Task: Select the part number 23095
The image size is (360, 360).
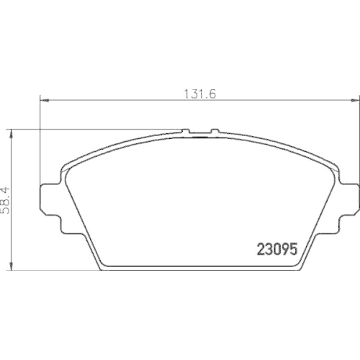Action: [276, 249]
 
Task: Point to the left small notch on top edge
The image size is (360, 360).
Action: [186, 132]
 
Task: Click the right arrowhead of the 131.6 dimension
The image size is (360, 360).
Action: [354, 100]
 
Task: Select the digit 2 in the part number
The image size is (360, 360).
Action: [261, 249]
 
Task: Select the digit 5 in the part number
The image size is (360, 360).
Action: [292, 249]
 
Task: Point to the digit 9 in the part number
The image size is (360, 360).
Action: [284, 249]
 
